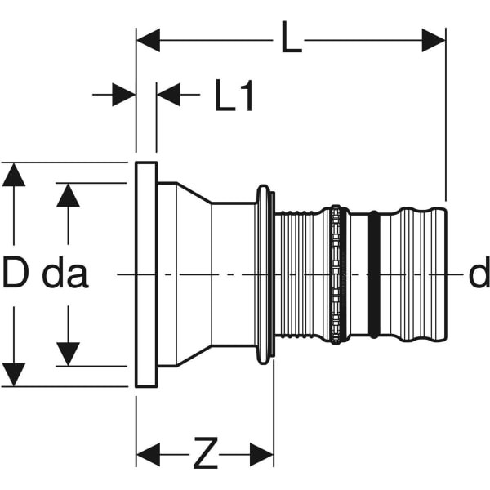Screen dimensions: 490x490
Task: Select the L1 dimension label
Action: (234, 97)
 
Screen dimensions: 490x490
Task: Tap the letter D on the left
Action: (16, 274)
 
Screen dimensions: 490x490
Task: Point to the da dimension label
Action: (65, 274)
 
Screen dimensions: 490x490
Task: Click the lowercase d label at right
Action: (479, 274)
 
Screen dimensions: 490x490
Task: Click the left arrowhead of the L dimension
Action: (147, 40)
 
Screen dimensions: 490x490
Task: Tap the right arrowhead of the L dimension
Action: (434, 40)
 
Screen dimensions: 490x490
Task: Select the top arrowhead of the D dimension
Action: (14, 174)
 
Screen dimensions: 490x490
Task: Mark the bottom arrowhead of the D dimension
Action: (14, 375)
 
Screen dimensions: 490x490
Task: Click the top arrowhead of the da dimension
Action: (69, 194)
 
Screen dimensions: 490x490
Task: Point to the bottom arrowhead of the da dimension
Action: (69, 354)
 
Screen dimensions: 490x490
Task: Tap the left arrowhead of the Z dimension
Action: (148, 455)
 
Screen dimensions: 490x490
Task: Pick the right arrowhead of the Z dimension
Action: (262, 455)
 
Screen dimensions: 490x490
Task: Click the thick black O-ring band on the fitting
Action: (373, 274)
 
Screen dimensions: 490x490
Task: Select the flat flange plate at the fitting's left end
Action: (146, 274)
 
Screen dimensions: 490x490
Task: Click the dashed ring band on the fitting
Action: (336, 274)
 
